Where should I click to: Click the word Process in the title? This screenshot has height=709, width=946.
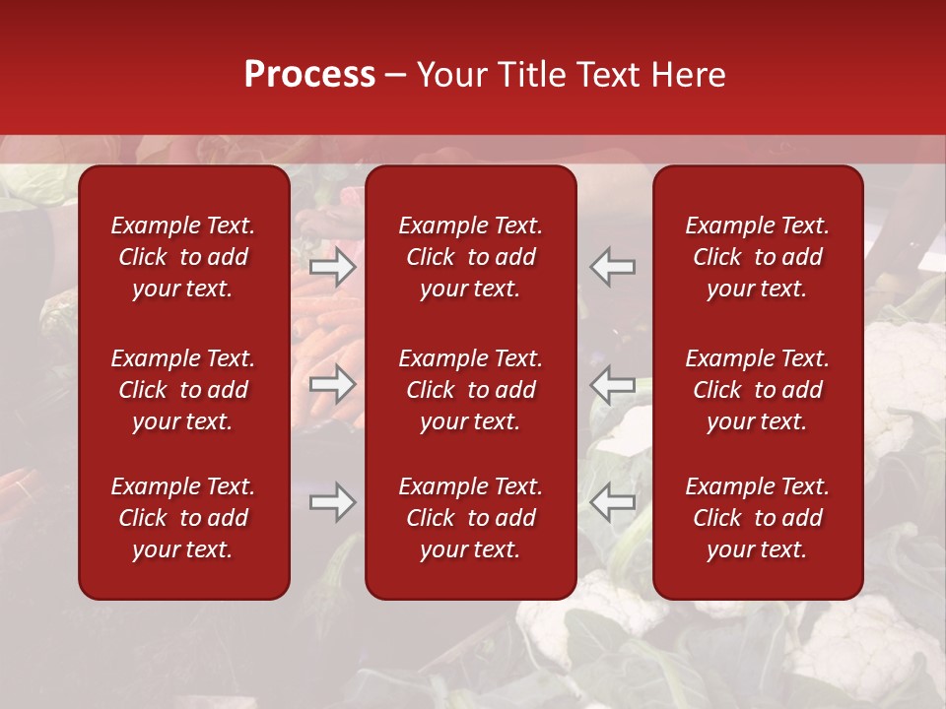pos(309,75)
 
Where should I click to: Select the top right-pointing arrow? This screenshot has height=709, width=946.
pos(333,268)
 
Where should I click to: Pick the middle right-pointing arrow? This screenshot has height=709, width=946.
pos(333,384)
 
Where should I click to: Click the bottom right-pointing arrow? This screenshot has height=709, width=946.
pos(333,503)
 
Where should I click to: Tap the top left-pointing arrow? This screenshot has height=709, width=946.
pos(613,268)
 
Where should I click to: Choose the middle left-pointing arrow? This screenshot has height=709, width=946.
pos(613,384)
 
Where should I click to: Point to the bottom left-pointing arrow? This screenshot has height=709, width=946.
pos(613,503)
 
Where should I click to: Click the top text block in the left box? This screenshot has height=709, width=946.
pos(183,257)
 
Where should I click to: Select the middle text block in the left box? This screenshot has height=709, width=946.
pos(183,390)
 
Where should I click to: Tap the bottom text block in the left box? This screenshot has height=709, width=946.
pos(183,518)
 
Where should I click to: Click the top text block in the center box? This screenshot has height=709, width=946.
pos(471,257)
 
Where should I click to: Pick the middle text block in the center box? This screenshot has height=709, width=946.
pos(471,390)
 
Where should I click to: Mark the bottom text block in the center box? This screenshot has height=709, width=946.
pos(471,518)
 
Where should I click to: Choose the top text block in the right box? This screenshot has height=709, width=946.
pos(758,257)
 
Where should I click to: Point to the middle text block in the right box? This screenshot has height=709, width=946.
pos(758,390)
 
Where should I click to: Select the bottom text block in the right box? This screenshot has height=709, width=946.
pos(758,518)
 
